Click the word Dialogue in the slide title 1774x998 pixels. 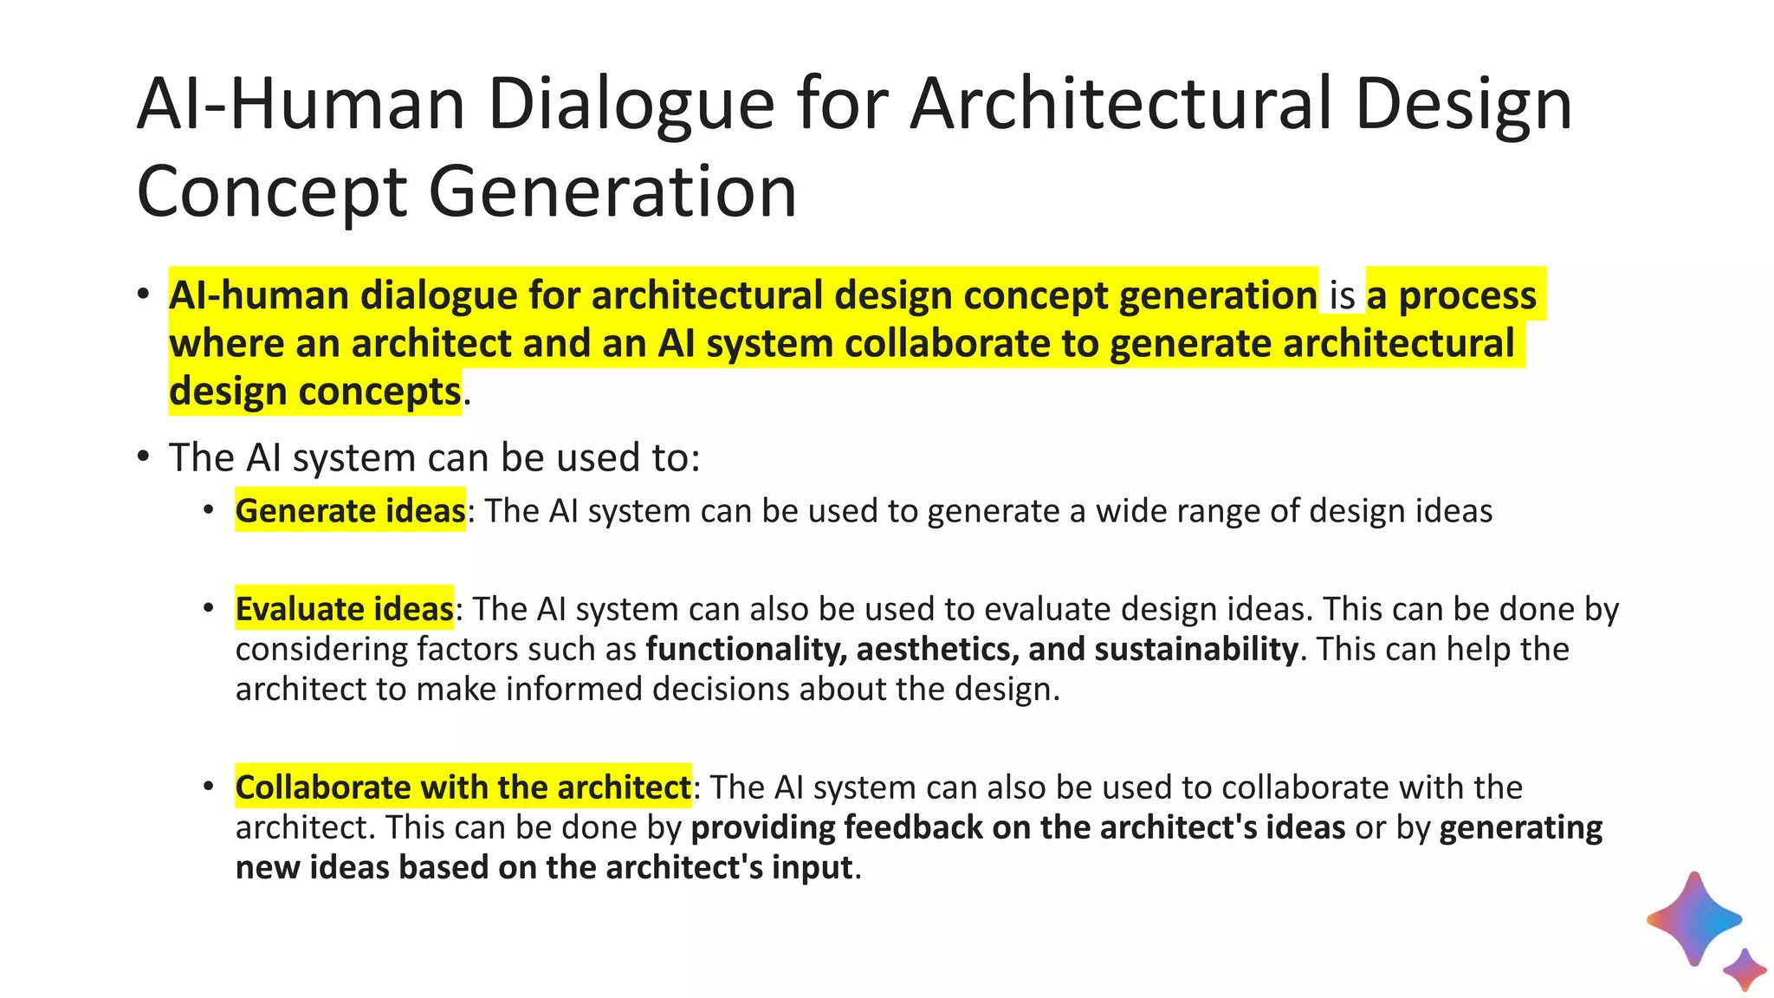click(631, 105)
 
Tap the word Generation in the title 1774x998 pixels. click(612, 192)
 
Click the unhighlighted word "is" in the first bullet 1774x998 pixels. click(1342, 296)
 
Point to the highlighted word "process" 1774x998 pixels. click(1467, 296)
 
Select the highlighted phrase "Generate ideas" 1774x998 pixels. click(350, 511)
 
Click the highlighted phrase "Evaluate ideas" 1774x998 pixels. click(344, 609)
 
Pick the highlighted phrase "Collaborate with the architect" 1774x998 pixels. click(463, 787)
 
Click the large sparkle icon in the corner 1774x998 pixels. click(1693, 918)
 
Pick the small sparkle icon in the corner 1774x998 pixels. click(1745, 969)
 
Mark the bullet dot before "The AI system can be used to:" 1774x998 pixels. click(143, 456)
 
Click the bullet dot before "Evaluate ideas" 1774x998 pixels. click(208, 608)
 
